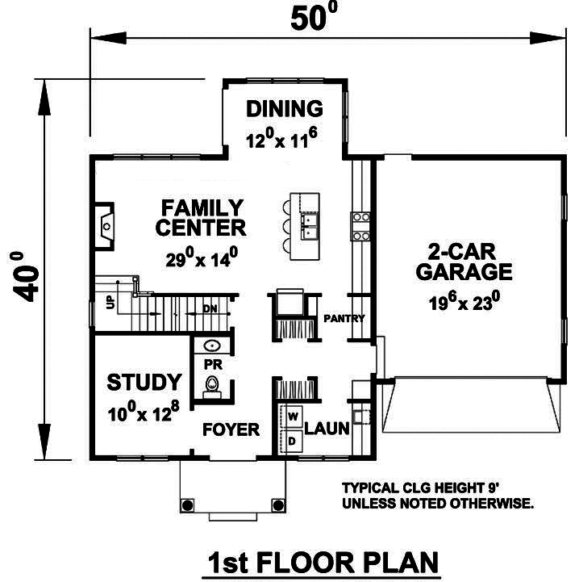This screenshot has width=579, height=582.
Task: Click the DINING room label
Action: [x=284, y=109]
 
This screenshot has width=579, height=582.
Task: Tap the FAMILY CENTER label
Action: [x=201, y=217]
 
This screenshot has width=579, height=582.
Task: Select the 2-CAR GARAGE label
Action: [x=464, y=261]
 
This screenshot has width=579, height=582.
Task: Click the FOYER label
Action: [x=231, y=429]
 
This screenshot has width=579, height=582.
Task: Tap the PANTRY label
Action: [x=344, y=318]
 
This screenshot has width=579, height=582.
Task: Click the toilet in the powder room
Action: [x=212, y=387]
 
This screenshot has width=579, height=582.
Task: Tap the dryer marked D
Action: [x=293, y=441]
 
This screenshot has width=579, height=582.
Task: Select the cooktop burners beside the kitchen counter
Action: [x=360, y=225]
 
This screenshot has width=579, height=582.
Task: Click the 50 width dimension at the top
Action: [x=310, y=18]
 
